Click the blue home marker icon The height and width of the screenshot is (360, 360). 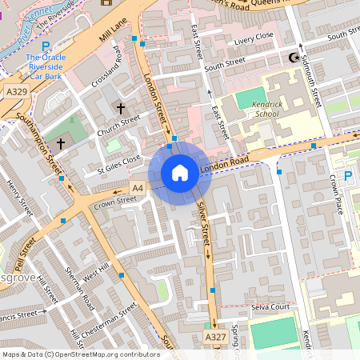pos(180,171)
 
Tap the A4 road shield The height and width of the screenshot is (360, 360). pos(137,187)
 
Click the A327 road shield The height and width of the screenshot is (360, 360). pos(214,338)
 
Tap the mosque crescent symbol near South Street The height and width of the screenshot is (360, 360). pos(292,58)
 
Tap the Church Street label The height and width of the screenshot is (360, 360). pos(119,124)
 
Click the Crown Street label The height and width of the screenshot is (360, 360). pos(111,202)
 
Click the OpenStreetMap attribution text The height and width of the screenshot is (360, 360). pos(81,354)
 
